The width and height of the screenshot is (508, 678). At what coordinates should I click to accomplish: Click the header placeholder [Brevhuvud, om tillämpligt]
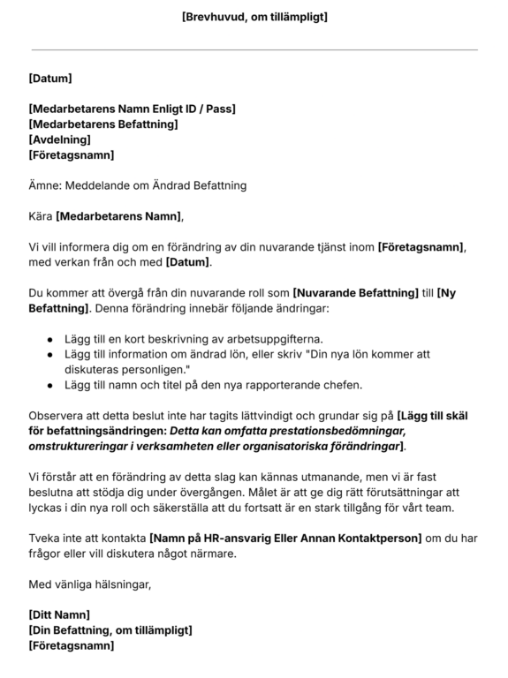point(254,17)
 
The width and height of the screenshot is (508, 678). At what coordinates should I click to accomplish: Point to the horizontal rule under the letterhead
point(254,49)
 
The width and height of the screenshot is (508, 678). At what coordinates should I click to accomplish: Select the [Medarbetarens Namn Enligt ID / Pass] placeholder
point(132,109)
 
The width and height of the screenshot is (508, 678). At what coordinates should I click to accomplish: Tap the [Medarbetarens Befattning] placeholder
point(103,124)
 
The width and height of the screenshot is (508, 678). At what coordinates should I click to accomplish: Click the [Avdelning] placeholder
point(59,139)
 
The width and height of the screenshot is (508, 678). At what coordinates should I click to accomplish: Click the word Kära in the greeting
point(41,216)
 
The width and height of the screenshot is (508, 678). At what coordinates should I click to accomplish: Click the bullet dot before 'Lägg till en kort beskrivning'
point(49,339)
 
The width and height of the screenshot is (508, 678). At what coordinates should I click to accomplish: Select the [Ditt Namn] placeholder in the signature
point(60,614)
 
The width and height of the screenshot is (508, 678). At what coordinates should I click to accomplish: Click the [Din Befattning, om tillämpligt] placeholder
point(110,630)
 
